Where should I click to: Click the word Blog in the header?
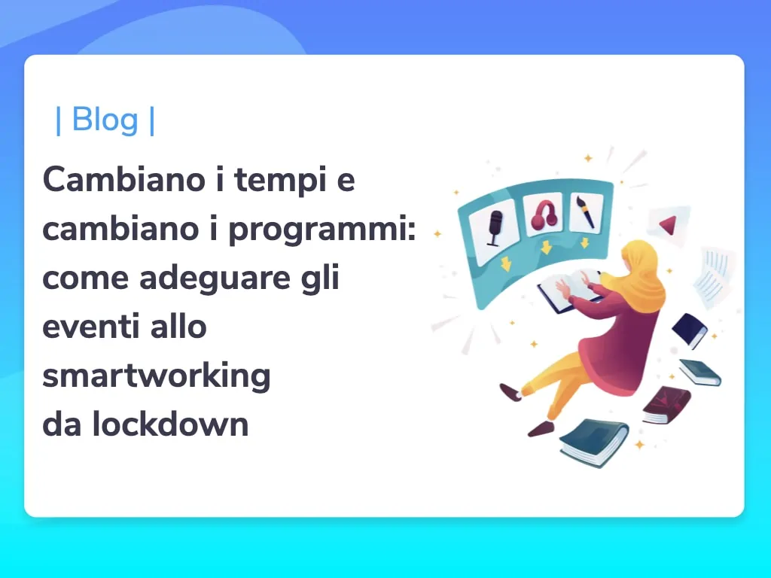tap(105, 120)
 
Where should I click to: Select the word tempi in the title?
tap(281, 180)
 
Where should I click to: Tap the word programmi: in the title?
tap(322, 230)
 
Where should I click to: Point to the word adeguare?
tap(215, 278)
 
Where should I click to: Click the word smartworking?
tap(157, 376)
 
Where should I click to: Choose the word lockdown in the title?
tap(170, 424)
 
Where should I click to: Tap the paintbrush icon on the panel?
tap(586, 211)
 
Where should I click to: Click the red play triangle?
tap(669, 225)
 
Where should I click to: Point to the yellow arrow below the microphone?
tap(506, 263)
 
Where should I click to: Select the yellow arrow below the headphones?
tap(546, 247)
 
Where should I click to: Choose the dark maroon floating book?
tap(667, 405)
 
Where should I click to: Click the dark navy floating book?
tap(690, 330)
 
